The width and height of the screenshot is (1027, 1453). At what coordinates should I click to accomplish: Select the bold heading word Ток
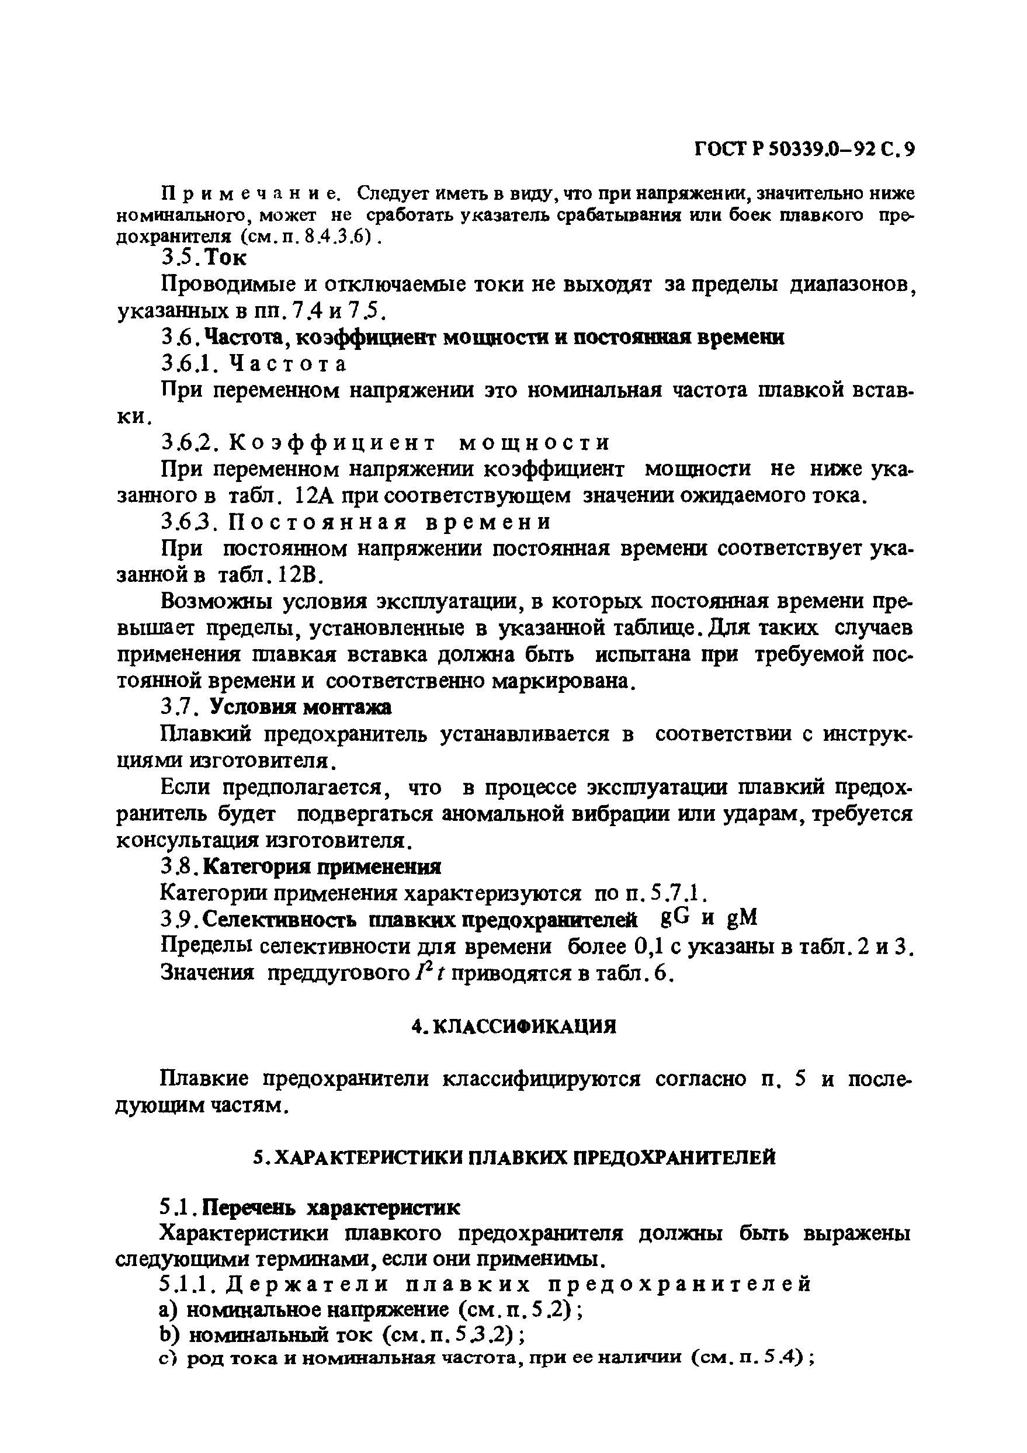click(227, 258)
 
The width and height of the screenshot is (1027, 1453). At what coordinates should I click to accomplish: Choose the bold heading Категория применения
click(324, 866)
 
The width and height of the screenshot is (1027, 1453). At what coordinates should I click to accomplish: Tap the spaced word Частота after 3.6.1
click(287, 365)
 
